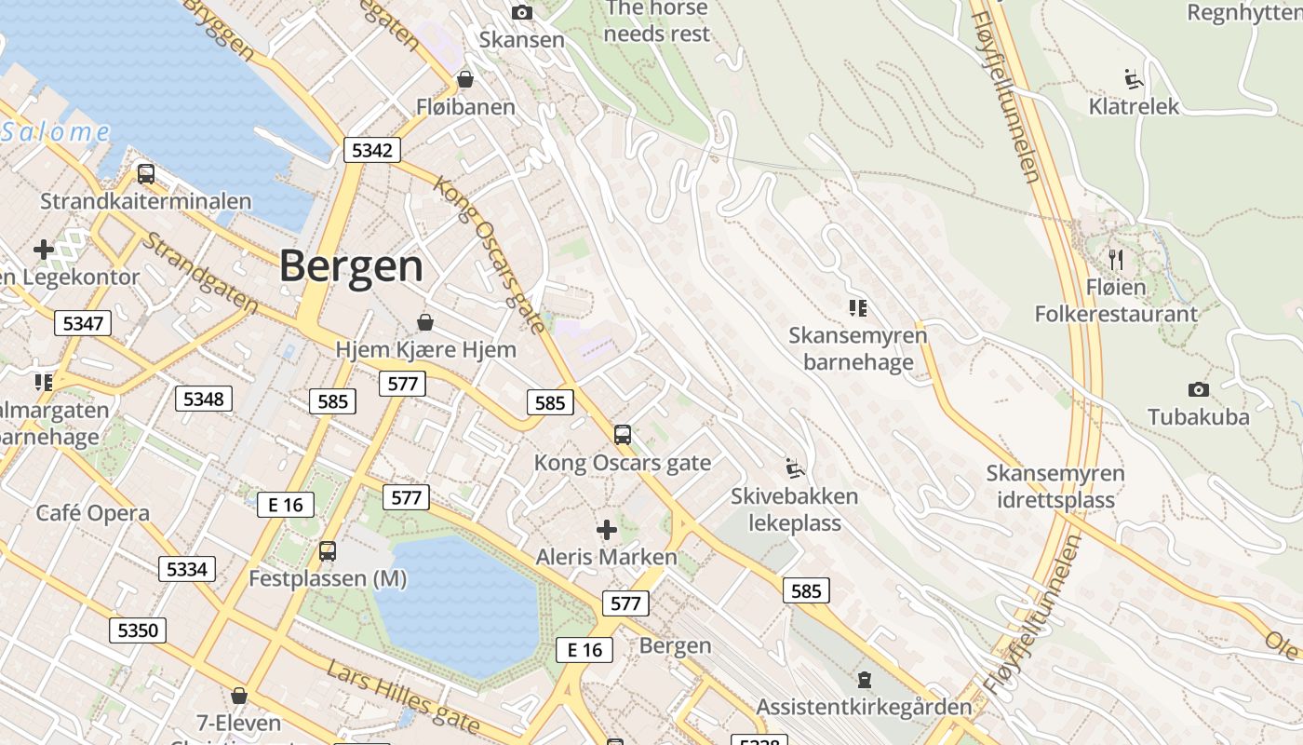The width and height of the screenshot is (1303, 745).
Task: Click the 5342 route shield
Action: pos(371,150)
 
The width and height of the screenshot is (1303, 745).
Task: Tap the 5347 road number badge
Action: pos(83,323)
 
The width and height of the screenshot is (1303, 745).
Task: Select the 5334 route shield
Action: pos(186,568)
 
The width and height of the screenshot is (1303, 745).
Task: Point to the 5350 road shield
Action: pos(138,630)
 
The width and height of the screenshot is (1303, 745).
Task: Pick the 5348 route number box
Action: pos(203,399)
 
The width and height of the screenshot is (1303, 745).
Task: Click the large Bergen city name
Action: pos(351,266)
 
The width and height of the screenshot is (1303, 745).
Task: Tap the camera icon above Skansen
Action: pos(522,12)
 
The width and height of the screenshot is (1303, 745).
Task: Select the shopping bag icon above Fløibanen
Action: pos(464,79)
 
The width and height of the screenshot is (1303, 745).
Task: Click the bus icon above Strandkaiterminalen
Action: pos(145,173)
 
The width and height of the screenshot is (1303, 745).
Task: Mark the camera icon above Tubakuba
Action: pos(1198,389)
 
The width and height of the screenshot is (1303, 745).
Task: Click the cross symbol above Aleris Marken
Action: pos(607,530)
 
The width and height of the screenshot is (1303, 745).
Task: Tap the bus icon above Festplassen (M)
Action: pos(327,550)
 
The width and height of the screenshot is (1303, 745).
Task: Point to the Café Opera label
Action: pos(92,513)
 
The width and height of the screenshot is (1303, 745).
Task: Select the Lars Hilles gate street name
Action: pos(402,696)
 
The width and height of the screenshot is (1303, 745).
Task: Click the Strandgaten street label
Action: pos(199,272)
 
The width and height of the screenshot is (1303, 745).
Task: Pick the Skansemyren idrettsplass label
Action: pos(1055,486)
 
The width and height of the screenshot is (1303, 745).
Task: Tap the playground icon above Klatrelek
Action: pos(1133,78)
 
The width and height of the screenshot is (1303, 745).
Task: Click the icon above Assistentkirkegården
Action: pos(864,680)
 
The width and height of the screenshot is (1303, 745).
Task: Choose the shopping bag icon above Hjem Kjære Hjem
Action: pos(425,322)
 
